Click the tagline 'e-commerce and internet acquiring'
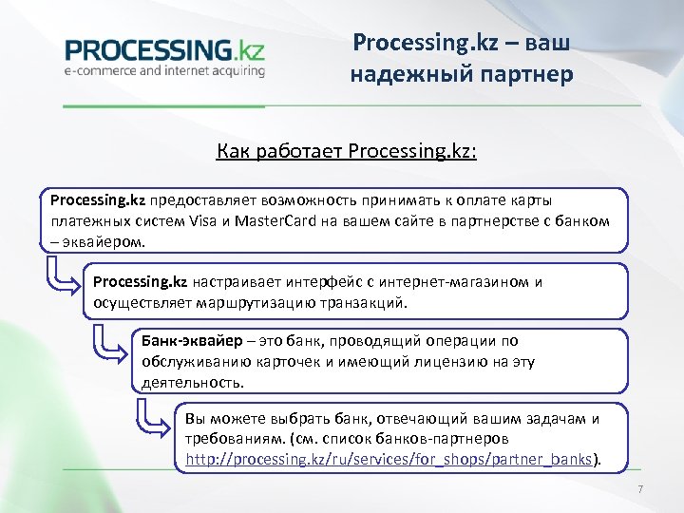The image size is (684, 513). [x=164, y=69]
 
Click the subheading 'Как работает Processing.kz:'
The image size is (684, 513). [x=346, y=151]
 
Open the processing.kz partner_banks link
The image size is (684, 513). [x=389, y=459]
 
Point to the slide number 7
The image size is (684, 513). [x=641, y=489]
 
